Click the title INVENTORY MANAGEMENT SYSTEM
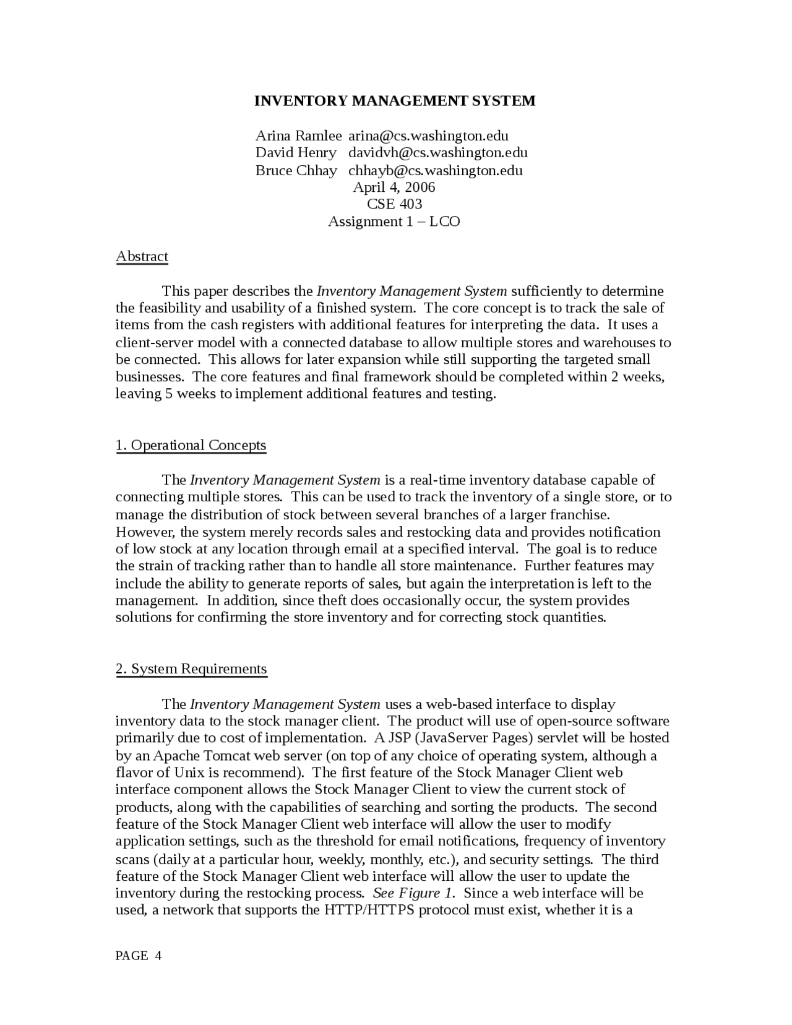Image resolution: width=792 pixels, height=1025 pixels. click(x=395, y=101)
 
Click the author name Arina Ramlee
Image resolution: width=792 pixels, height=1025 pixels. click(x=298, y=136)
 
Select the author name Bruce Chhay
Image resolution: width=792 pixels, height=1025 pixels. click(x=296, y=170)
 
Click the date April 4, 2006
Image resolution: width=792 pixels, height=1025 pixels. click(x=394, y=187)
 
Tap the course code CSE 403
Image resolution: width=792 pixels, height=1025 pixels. click(x=394, y=204)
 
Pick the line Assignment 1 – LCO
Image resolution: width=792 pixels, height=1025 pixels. click(x=394, y=221)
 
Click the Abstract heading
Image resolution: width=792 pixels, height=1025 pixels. click(x=142, y=256)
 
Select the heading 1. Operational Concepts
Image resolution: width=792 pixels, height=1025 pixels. click(x=191, y=445)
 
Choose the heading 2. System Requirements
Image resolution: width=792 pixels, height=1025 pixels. click(x=191, y=668)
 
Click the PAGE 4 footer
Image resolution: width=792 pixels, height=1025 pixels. click(x=139, y=956)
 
